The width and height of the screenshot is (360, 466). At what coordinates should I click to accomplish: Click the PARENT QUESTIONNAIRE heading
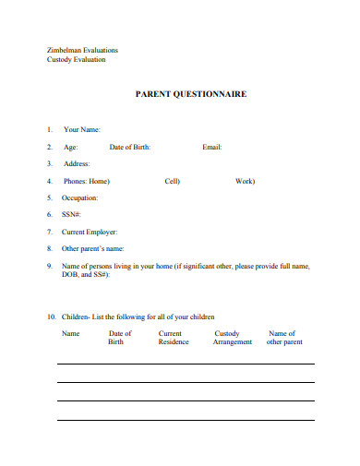[191, 94]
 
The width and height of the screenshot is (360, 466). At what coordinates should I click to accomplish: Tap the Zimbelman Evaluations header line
[82, 50]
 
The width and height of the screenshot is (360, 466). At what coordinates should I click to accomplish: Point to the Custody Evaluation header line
[76, 60]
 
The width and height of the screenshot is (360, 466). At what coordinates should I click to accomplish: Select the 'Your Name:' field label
[81, 130]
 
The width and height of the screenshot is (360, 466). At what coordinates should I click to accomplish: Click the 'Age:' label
[70, 147]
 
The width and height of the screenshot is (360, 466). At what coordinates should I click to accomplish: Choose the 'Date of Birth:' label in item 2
[129, 147]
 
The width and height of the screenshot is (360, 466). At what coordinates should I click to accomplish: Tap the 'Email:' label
[211, 147]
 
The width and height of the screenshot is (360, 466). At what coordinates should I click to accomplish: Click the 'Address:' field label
[77, 163]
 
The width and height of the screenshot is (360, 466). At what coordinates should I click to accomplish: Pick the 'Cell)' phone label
[172, 181]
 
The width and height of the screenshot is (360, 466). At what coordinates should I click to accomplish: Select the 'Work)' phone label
[244, 181]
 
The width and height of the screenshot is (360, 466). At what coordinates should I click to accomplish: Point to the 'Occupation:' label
[79, 197]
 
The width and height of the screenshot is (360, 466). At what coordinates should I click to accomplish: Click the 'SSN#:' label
[72, 214]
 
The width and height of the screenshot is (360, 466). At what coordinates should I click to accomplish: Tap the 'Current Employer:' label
[90, 232]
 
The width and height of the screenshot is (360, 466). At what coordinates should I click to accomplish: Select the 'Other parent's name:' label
[92, 248]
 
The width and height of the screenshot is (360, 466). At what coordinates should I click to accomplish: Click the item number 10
[51, 317]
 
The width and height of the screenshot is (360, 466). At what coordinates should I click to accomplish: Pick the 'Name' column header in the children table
[71, 333]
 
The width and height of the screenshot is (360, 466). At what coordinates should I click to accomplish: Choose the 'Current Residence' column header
[173, 338]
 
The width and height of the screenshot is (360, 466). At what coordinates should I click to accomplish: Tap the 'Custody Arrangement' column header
[232, 338]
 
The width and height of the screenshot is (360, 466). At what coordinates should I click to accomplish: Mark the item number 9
[49, 266]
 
